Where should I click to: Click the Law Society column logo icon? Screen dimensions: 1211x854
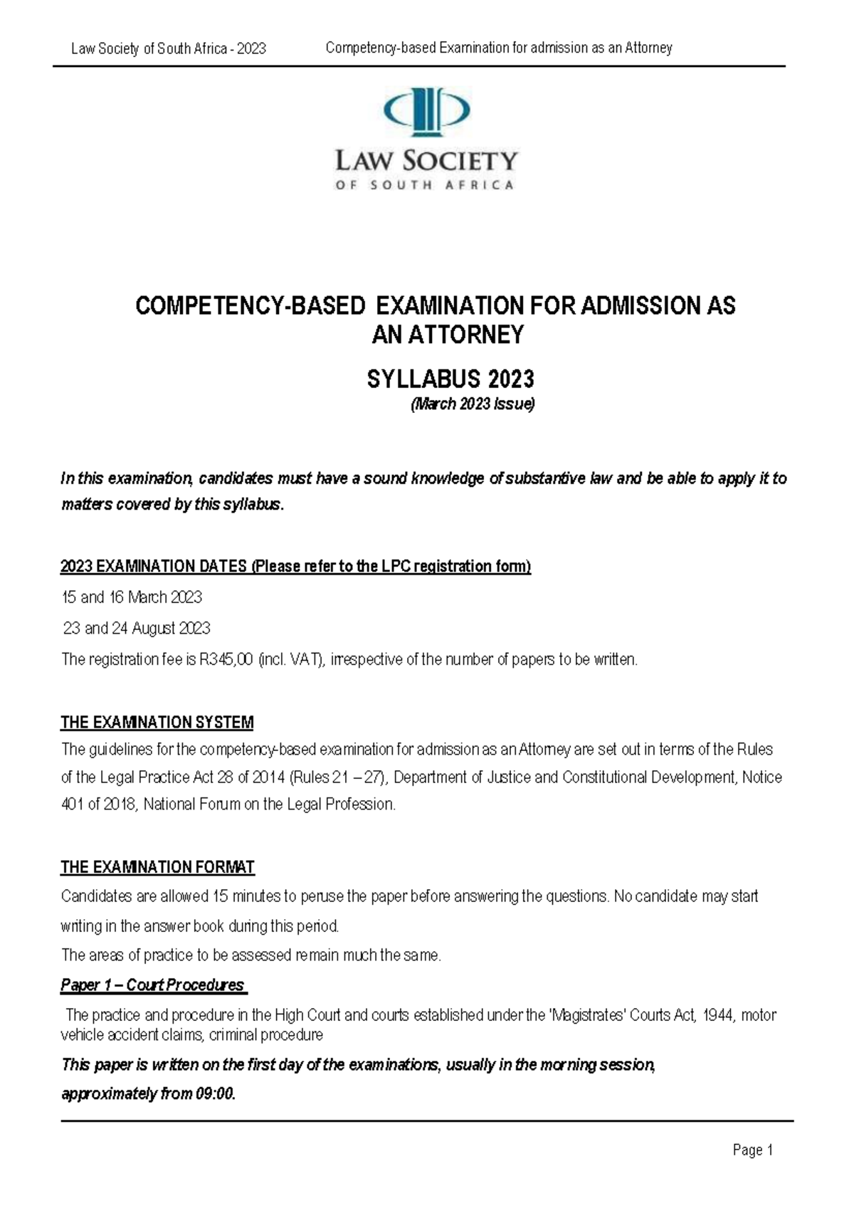(x=426, y=110)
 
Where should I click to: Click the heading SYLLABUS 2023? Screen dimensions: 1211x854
(x=450, y=379)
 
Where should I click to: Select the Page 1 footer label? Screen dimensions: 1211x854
(x=752, y=1150)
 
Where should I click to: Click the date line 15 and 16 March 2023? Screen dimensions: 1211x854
(x=132, y=597)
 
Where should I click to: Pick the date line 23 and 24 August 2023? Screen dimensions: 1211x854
(x=137, y=628)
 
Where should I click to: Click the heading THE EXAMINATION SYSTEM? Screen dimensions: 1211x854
(x=157, y=723)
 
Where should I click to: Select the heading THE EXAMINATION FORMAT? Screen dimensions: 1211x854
(x=157, y=867)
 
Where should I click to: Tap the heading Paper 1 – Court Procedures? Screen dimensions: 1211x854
(x=153, y=985)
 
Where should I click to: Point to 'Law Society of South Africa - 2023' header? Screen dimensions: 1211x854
(x=169, y=48)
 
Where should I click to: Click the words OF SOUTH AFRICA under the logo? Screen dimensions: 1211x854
(x=426, y=185)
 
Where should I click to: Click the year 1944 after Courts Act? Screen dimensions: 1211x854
(x=717, y=1015)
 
